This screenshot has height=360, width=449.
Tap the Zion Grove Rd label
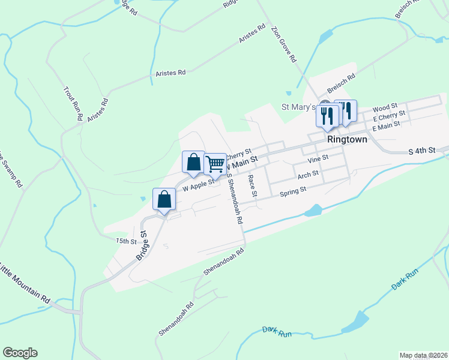pyautogui.click(x=283, y=44)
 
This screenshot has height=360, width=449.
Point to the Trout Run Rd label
pyautogui.click(x=73, y=104)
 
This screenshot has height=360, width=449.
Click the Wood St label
pyautogui.click(x=385, y=108)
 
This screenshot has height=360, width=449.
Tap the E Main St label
pyautogui.click(x=386, y=127)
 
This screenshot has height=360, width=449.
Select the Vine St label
pyautogui.click(x=318, y=158)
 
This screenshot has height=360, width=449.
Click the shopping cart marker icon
pyautogui.click(x=215, y=163)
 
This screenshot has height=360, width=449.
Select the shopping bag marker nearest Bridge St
pyautogui.click(x=164, y=199)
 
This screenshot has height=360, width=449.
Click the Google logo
pyautogui.click(x=20, y=353)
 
